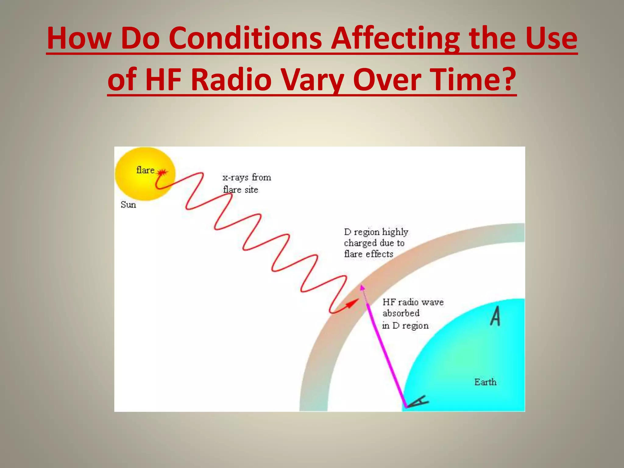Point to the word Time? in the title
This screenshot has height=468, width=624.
coord(473,80)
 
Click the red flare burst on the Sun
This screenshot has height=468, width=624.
coord(162,172)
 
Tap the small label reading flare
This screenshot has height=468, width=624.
coord(145,170)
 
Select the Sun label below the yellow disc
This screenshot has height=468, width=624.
coord(128,204)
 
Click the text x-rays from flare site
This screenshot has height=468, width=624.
coord(246,183)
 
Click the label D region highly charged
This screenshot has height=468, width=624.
coord(376,243)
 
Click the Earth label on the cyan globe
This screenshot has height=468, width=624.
coord(485,382)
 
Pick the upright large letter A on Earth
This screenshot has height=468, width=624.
coord(495,316)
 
